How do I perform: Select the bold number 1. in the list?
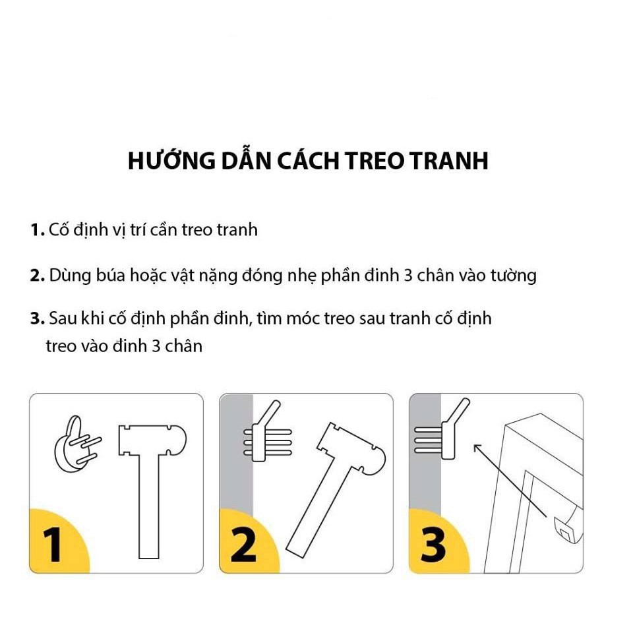click(x=37, y=230)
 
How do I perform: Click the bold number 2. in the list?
click(x=37, y=276)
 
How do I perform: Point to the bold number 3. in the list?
click(x=37, y=319)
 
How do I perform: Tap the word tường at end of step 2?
click(x=513, y=276)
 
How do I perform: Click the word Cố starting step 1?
click(x=59, y=230)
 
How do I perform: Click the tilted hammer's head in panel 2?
click(x=350, y=449)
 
